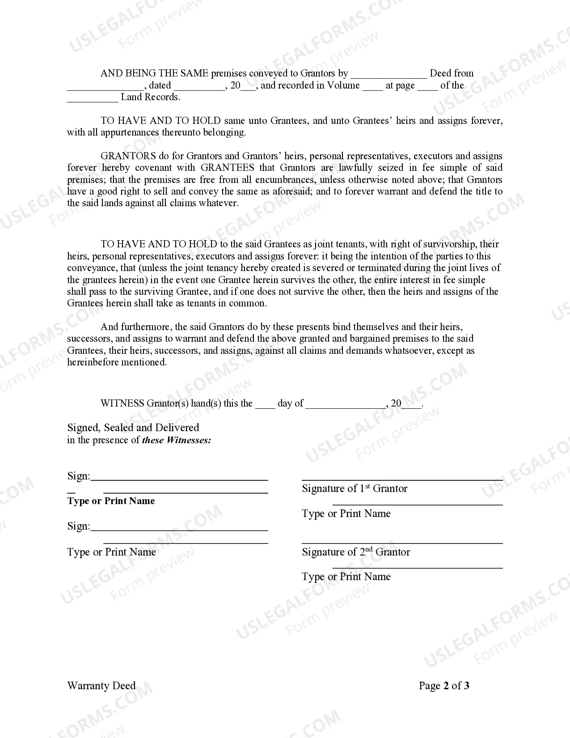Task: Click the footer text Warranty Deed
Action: (101, 686)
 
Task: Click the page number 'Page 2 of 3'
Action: (444, 686)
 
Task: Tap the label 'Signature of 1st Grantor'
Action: (355, 488)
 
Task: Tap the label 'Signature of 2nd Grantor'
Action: (356, 552)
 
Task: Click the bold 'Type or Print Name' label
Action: (111, 501)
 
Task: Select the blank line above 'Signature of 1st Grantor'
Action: (402, 479)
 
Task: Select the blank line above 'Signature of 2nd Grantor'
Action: (402, 543)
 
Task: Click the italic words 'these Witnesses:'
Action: (177, 440)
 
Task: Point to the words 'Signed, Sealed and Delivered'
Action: (133, 428)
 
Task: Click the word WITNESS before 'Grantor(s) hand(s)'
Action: (122, 403)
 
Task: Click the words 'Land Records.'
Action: (151, 97)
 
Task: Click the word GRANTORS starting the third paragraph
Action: (128, 156)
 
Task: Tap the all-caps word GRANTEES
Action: (227, 168)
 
